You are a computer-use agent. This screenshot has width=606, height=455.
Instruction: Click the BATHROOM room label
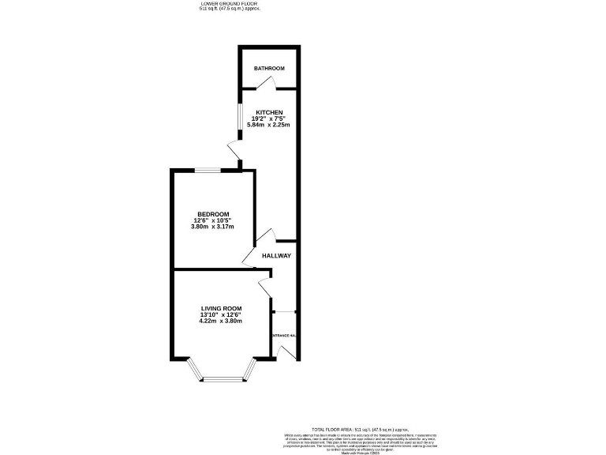(x=269, y=69)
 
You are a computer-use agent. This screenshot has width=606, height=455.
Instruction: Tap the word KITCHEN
(x=268, y=112)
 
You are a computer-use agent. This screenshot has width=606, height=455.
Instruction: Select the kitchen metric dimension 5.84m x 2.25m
(x=268, y=125)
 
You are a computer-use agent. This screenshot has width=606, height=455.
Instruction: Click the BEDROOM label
(x=213, y=214)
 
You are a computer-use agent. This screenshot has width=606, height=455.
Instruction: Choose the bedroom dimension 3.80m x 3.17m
(x=213, y=227)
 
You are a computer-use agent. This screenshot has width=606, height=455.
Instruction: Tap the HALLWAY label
(x=277, y=255)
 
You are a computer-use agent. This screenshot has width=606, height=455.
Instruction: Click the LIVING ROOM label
(x=221, y=308)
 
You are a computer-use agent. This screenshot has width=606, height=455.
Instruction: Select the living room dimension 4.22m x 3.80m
(x=221, y=321)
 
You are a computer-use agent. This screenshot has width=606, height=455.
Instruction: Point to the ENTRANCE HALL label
(x=284, y=336)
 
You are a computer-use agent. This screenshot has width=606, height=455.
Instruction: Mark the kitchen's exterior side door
(x=232, y=151)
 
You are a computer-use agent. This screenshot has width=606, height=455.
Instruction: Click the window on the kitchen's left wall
(x=241, y=116)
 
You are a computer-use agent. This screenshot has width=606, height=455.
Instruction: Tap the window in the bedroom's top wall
(x=208, y=169)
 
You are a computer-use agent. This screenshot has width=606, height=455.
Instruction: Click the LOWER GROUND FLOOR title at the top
(x=230, y=3)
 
